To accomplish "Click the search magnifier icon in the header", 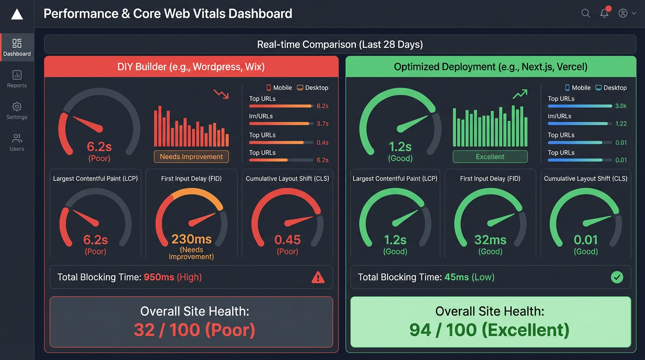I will pos(585,13).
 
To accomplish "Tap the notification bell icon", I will pos(604,13).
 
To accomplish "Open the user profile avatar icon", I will pos(623,13).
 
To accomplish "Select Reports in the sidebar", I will pos(17,79).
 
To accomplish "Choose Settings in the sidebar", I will pos(17,111).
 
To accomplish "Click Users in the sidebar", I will pos(17,142).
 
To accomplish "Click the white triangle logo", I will pos(17,14).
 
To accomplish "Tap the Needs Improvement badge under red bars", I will pos(191,157).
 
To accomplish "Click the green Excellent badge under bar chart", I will pos(490,157).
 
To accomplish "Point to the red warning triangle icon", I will pos(318,277).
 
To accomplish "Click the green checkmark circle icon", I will pos(617,277).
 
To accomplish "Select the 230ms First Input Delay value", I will pos(191,240).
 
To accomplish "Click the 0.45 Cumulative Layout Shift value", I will pos(287,240).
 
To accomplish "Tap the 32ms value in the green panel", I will pos(490,240).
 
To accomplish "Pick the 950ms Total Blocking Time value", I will pos(159,277).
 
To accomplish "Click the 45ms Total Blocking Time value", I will pos(457,277).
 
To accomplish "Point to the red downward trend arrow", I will pos(221,94).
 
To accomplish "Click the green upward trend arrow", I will pos(520,94).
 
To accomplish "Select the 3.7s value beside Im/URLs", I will pos(322,124).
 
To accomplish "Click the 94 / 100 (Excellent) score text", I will pos(489,330).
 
